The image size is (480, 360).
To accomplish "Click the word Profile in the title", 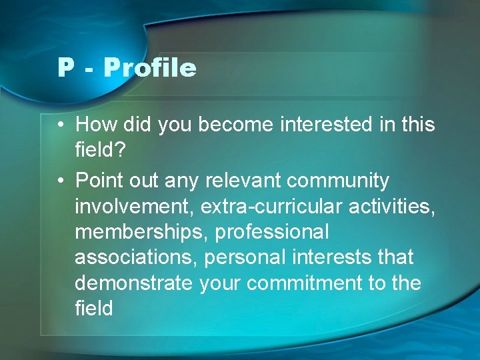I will (x=150, y=68).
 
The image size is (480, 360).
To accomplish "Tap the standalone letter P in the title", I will (x=65, y=68).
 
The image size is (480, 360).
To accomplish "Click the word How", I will (x=94, y=125).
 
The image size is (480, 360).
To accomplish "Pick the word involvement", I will (x=134, y=207).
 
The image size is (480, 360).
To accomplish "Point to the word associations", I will (x=135, y=257).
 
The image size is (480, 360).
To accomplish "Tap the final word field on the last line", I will (x=94, y=309).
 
